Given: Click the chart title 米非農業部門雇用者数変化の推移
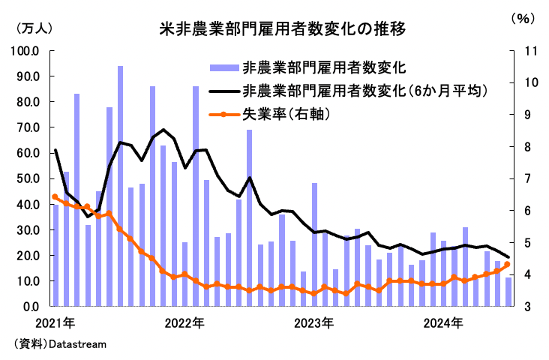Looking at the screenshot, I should click(283, 30).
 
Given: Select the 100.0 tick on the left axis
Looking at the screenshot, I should click(26, 51).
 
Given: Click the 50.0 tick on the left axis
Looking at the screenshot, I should click(29, 178).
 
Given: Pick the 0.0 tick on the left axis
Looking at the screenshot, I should click(31, 307).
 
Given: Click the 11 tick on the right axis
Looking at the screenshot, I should click(517, 51).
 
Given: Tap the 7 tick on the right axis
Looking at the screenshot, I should click(517, 178).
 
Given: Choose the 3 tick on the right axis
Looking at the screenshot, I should click(517, 307).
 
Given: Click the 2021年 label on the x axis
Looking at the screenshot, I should click(53, 324).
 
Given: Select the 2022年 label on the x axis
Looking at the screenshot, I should click(184, 324).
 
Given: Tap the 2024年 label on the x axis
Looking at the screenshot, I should click(444, 324).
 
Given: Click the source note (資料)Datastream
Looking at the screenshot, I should click(60, 344).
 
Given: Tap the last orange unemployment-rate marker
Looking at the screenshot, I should click(507, 264).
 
